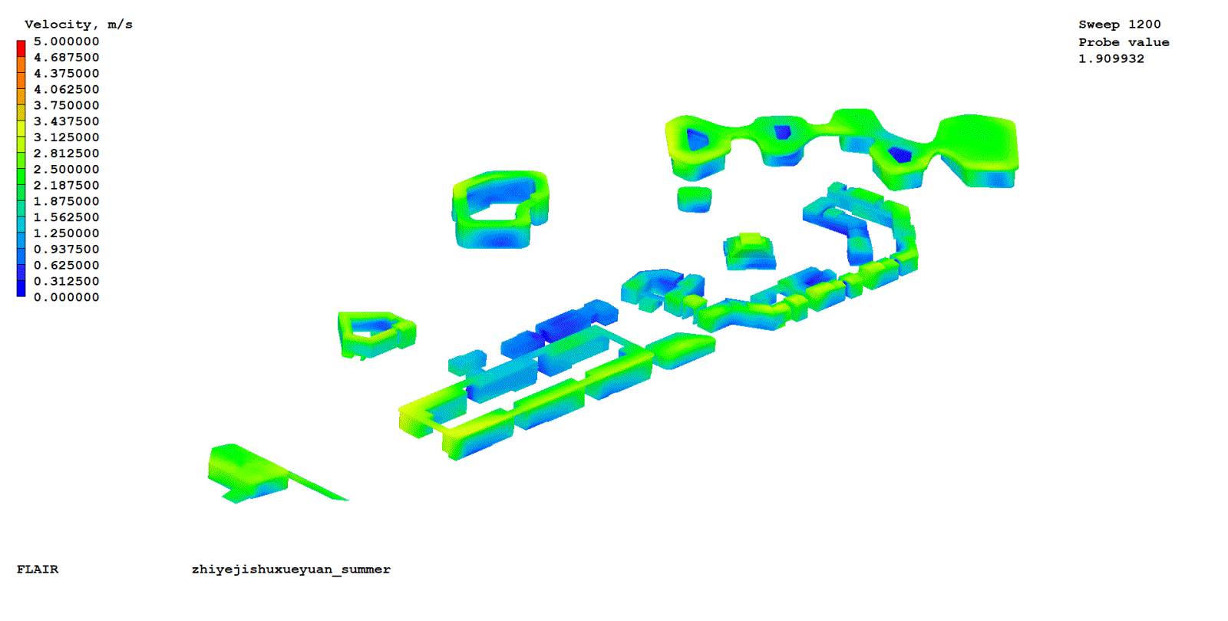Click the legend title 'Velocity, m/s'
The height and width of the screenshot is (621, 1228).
coord(78,25)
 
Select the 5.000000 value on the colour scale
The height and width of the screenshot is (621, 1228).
coord(66,41)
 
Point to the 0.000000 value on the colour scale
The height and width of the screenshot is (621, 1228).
coord(66,297)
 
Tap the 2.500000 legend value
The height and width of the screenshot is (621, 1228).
coord(66,170)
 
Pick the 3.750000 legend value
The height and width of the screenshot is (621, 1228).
coord(66,105)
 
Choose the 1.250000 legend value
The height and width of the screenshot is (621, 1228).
coord(66,233)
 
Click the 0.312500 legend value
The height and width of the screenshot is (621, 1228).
coord(66,281)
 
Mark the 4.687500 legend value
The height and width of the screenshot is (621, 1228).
coord(66,58)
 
